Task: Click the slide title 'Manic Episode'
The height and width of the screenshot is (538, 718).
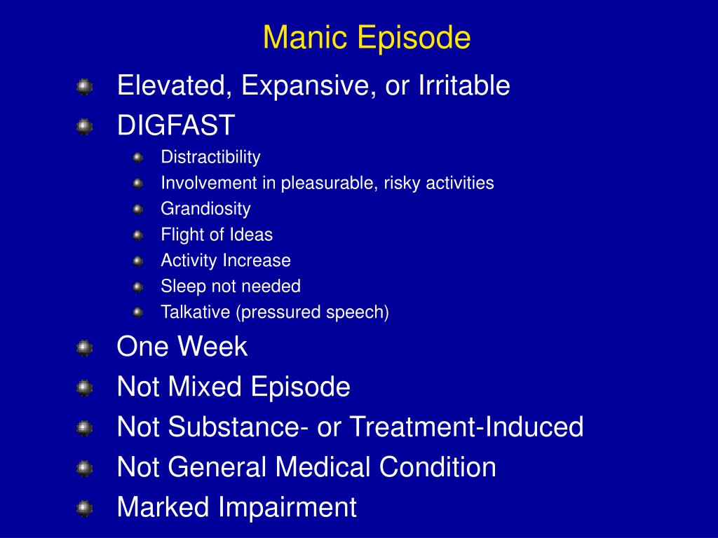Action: tap(367, 38)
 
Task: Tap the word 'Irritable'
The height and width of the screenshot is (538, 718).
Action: tap(464, 86)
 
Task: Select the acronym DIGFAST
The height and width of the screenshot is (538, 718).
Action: tap(176, 126)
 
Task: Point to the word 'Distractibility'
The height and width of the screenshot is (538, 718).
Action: tap(210, 157)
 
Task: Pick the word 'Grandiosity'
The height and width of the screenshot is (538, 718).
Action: tap(205, 209)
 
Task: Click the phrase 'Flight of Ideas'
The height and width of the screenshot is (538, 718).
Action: tap(217, 235)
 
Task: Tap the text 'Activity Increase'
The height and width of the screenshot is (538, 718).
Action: tap(226, 261)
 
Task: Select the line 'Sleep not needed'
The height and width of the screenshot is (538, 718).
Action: tap(231, 287)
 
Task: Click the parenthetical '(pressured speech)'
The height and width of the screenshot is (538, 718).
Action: tap(312, 312)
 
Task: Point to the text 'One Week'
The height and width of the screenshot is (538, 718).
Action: tap(182, 347)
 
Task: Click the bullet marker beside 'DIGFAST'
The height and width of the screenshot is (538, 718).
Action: tap(84, 127)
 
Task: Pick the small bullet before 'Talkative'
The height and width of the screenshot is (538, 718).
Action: tap(137, 312)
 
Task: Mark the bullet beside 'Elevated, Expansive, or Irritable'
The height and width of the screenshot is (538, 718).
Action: tap(84, 87)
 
